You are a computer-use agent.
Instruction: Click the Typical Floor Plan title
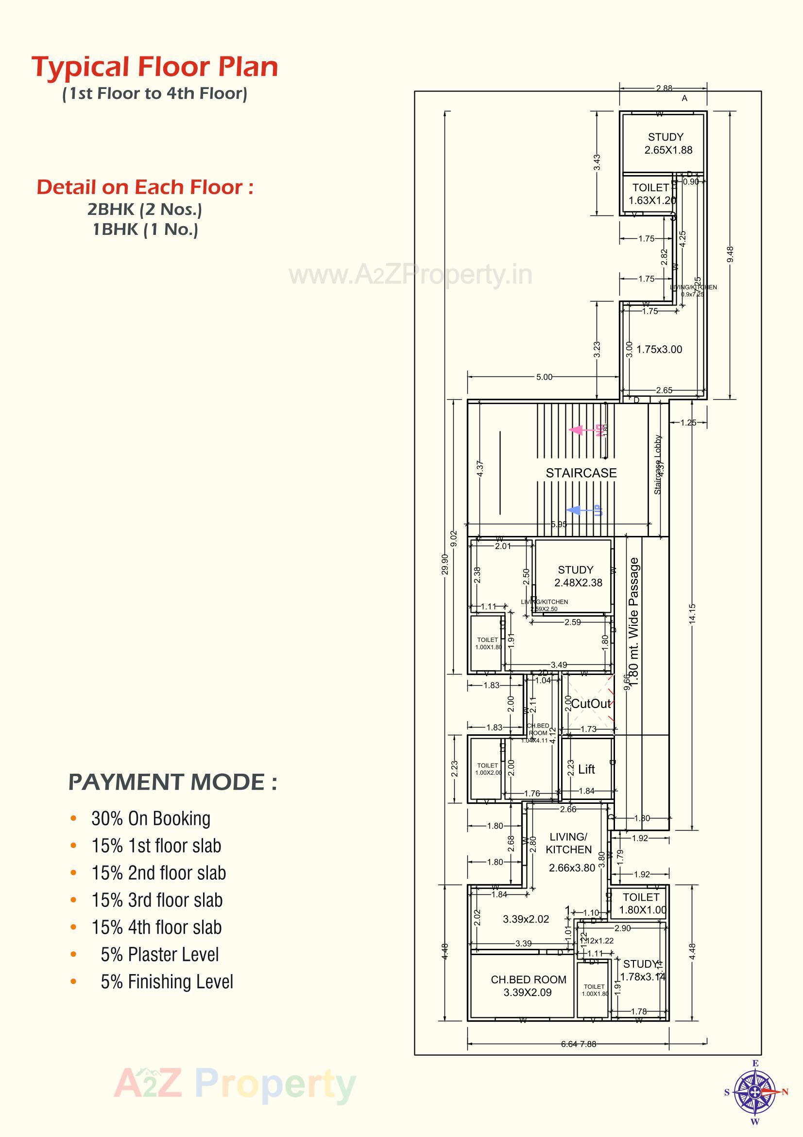(x=155, y=67)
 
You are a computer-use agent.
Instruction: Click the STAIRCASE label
(x=581, y=473)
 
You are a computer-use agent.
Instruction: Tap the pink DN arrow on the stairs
(x=577, y=430)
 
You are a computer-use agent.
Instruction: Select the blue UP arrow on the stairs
(x=574, y=510)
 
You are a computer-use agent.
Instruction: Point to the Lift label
(x=586, y=769)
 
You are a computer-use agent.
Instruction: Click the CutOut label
(x=591, y=704)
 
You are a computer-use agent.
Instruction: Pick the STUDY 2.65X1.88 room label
(x=667, y=143)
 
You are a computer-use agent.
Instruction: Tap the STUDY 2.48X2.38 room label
(x=577, y=576)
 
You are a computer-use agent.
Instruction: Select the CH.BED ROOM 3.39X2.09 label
(x=528, y=986)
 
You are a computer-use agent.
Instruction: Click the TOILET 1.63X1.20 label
(x=651, y=194)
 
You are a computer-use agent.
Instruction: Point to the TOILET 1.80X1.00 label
(x=642, y=903)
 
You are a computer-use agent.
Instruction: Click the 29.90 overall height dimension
(x=445, y=565)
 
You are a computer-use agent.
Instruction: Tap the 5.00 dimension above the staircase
(x=544, y=377)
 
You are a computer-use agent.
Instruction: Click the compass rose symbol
(x=754, y=1092)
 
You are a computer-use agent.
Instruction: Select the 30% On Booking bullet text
(x=151, y=818)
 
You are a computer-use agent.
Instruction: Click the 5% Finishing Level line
(x=167, y=982)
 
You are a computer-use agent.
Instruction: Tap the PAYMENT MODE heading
(x=172, y=783)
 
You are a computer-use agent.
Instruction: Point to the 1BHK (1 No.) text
(x=145, y=230)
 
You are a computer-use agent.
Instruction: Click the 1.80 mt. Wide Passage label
(x=634, y=622)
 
